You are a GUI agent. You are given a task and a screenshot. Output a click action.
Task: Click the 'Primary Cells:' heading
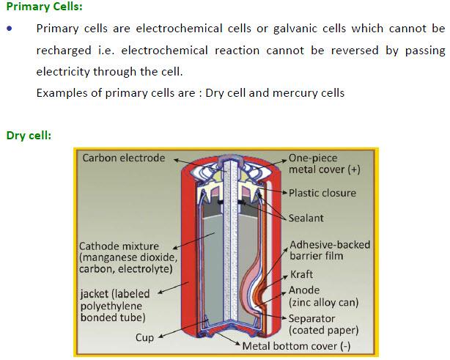pyautogui.click(x=44, y=7)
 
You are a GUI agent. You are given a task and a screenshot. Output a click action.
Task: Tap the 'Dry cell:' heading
pyautogui.click(x=29, y=136)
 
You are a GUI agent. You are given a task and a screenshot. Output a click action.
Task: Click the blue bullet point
pyautogui.click(x=10, y=29)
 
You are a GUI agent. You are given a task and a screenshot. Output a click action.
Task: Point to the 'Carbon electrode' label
pyautogui.click(x=124, y=158)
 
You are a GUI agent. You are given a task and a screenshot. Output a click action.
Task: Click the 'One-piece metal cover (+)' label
pyautogui.click(x=324, y=164)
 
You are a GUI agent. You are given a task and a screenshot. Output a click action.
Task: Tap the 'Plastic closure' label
pyautogui.click(x=322, y=193)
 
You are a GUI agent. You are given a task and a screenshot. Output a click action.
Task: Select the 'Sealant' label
pyautogui.click(x=306, y=218)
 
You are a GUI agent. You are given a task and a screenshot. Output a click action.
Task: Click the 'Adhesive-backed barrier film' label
pyautogui.click(x=330, y=250)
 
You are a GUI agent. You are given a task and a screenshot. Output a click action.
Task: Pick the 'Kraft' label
pyautogui.click(x=301, y=274)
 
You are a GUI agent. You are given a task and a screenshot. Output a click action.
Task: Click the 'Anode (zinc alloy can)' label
pyautogui.click(x=324, y=296)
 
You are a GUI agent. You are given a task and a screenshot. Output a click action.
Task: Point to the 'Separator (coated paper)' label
pyautogui.click(x=324, y=324)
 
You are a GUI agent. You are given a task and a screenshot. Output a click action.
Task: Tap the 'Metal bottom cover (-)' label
pyautogui.click(x=296, y=346)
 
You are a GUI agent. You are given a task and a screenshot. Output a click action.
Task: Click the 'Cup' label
pyautogui.click(x=144, y=337)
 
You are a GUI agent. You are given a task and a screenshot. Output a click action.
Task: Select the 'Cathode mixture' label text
pyautogui.click(x=119, y=246)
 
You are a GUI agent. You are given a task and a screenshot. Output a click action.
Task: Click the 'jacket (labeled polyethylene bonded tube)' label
pyautogui.click(x=115, y=306)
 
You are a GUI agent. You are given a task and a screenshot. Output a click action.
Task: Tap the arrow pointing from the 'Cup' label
pyautogui.click(x=182, y=328)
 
